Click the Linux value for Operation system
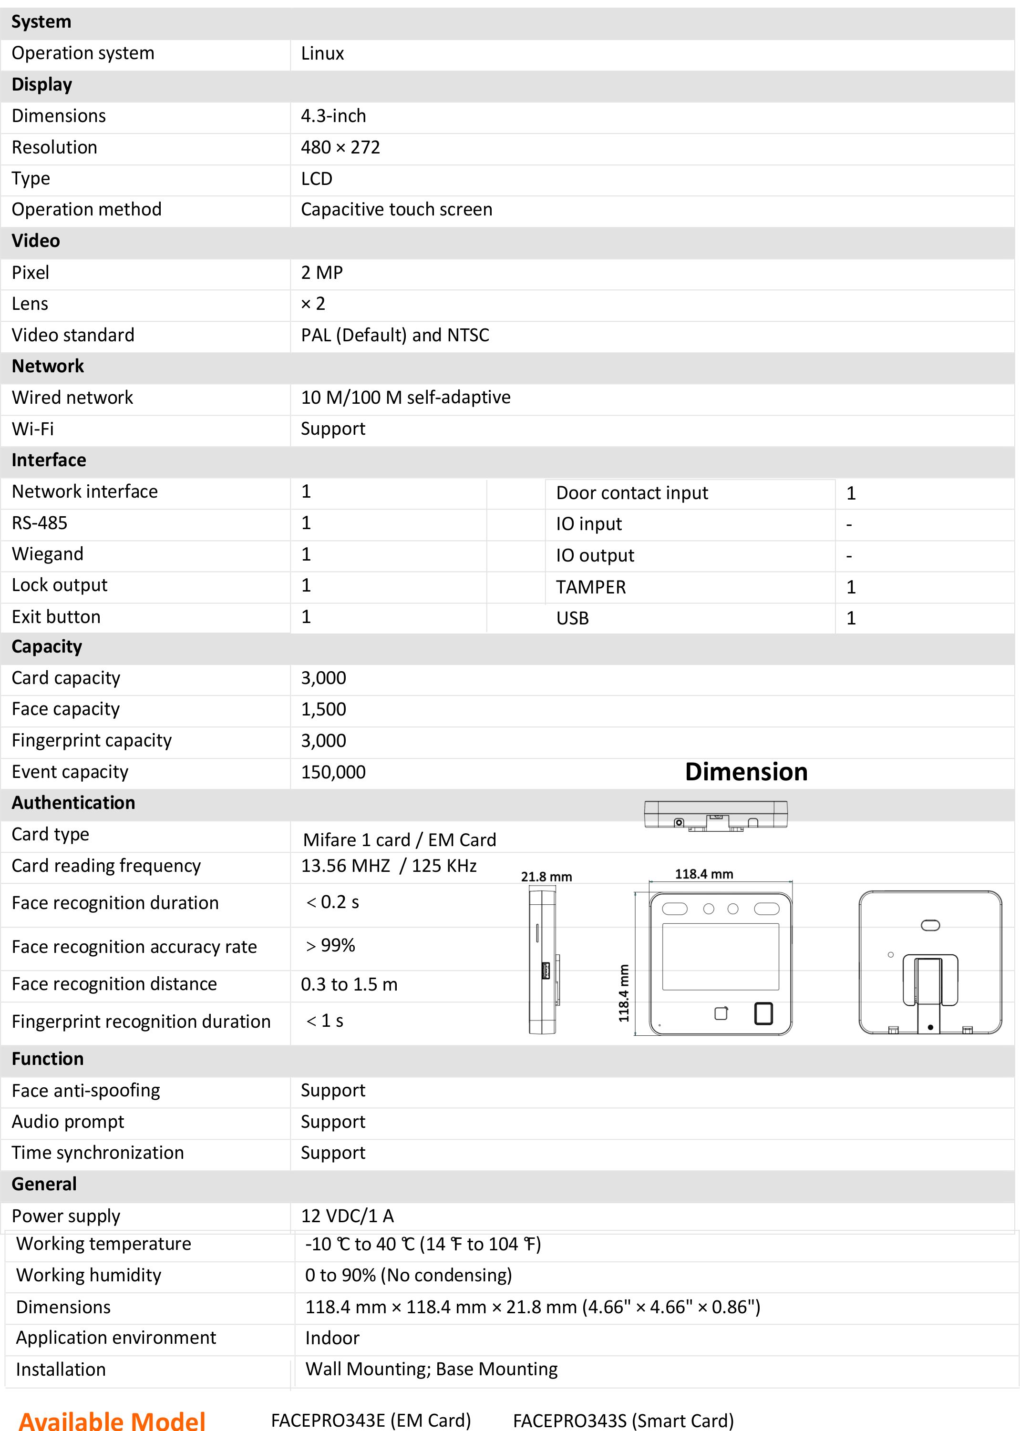(322, 54)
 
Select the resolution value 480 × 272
(340, 148)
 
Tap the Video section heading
(36, 241)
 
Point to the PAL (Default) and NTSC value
(394, 335)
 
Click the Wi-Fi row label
(32, 429)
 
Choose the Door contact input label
(632, 493)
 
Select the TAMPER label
(590, 588)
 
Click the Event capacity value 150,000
(333, 772)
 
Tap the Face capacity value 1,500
(323, 709)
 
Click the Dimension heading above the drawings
(746, 772)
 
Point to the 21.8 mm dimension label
(546, 877)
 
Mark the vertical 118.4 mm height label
(624, 993)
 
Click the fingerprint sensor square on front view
(763, 1013)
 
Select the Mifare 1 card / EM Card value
(400, 840)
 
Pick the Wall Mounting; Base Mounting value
(432, 1370)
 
